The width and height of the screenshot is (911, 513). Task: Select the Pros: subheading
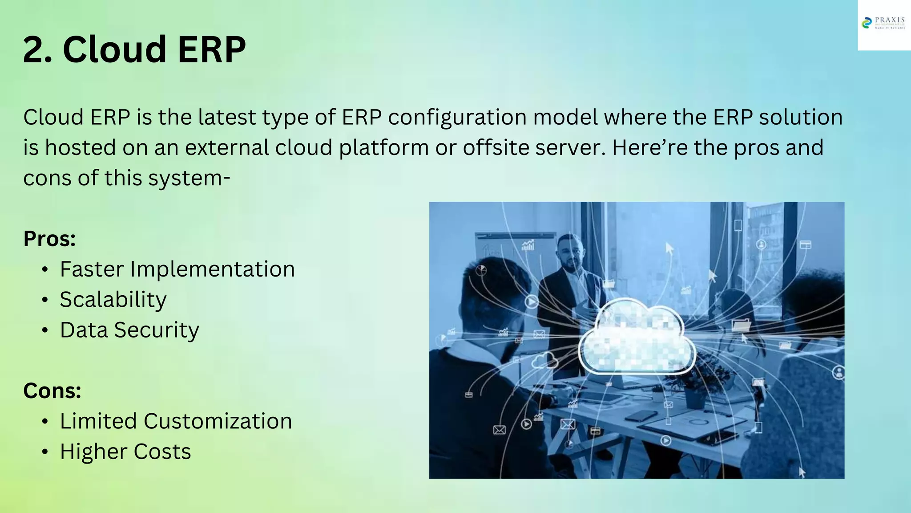point(49,239)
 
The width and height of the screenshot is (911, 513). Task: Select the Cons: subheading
point(52,391)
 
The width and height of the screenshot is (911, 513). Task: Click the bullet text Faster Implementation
point(177,269)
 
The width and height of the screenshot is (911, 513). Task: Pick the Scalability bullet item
point(113,300)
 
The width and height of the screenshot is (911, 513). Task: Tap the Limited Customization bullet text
point(176,421)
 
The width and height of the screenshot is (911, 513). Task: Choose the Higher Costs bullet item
point(125,452)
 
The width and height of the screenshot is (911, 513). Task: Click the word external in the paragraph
point(226,148)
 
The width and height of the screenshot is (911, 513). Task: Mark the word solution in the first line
point(800,118)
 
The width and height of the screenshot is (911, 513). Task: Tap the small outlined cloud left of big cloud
point(544,360)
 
